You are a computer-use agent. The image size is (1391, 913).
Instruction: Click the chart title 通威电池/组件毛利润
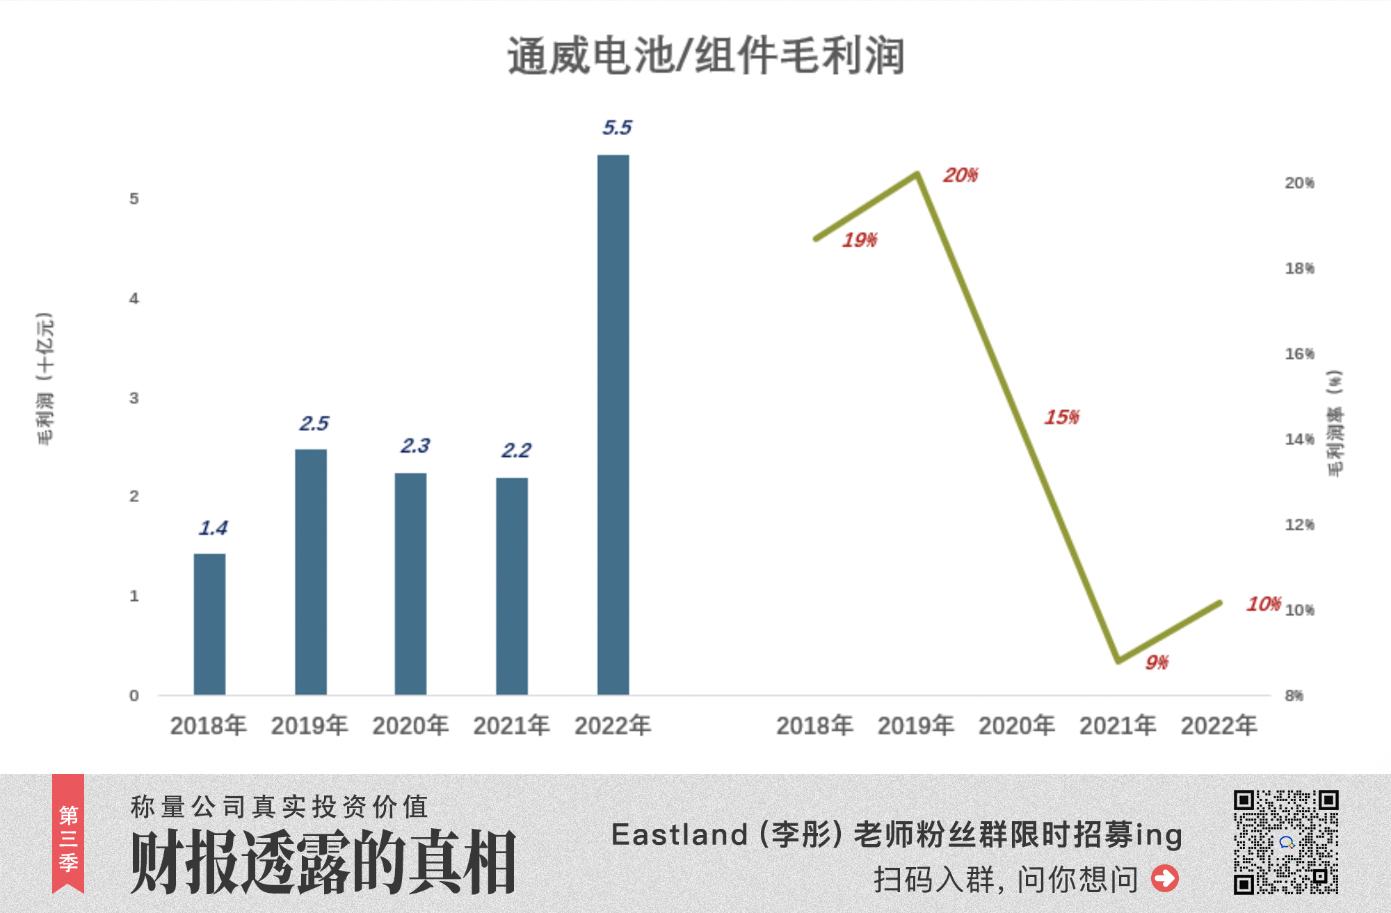coord(705,56)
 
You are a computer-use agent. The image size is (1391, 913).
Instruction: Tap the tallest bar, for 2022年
coord(613,424)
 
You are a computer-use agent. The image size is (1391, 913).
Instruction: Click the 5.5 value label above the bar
coord(617,127)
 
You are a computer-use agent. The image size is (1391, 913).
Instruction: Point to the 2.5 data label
coord(314,423)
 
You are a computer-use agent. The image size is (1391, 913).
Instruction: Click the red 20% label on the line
coord(960,175)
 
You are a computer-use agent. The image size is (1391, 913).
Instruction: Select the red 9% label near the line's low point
coord(1157,663)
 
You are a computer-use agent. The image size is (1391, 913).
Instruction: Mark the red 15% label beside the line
coord(1061,417)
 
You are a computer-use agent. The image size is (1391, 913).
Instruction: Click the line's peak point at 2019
coord(917,174)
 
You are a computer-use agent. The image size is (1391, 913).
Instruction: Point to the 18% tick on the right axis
coord(1299,268)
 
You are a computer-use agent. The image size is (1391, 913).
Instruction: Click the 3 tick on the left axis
coord(134,398)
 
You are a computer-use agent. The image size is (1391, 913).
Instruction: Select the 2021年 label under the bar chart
coord(511,726)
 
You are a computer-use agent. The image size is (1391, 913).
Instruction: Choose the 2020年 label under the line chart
coord(1016,726)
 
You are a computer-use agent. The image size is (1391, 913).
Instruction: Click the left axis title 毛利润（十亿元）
coord(45,378)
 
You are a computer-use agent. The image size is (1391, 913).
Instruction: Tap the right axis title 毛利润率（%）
coord(1335,423)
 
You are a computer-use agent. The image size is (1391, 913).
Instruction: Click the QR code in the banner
coord(1286,841)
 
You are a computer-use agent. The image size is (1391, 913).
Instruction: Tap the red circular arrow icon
coord(1165,878)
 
